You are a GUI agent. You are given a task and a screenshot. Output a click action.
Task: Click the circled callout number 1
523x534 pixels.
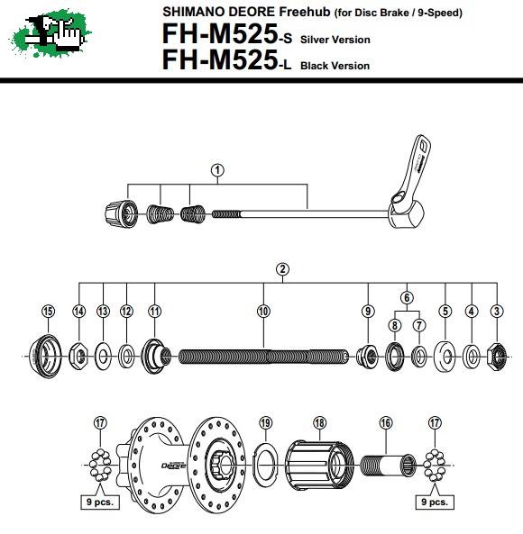(217, 170)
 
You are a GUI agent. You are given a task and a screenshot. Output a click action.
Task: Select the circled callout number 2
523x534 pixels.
(282, 269)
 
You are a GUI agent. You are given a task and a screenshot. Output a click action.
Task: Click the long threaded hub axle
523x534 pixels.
(263, 357)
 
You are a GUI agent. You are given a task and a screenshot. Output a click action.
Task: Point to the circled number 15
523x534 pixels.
(48, 311)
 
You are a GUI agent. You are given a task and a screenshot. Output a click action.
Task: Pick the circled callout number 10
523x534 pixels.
(263, 311)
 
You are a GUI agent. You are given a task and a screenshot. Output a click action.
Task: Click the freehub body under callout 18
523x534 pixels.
(319, 465)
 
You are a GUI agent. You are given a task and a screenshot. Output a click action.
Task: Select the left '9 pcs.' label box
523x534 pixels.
(100, 502)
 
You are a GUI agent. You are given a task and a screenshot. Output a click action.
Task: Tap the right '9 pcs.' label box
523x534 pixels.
(435, 502)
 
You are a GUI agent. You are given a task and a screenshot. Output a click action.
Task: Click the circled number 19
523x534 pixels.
(265, 422)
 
